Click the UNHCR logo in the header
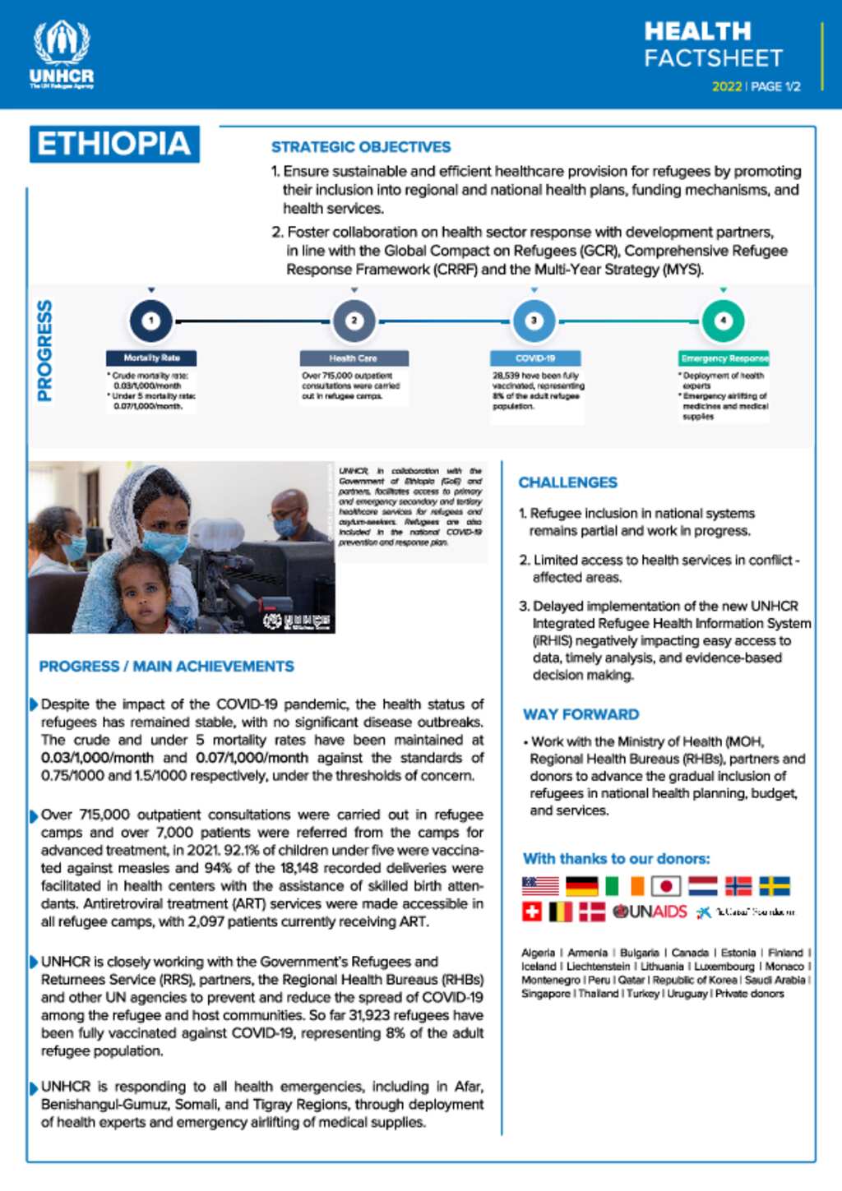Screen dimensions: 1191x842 62,54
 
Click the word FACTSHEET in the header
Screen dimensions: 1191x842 713,58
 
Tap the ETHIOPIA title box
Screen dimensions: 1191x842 114,144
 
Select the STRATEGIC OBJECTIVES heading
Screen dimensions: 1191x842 361,147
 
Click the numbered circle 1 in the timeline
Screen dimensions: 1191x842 151,321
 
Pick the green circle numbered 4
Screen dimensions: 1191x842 723,321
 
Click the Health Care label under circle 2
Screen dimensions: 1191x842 354,358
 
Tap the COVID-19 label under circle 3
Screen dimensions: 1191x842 535,358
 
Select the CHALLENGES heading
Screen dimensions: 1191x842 567,482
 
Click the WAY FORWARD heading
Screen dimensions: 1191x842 581,714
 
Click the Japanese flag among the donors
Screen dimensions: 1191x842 666,886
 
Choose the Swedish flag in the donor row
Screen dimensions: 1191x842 774,886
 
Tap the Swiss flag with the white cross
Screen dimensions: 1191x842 532,912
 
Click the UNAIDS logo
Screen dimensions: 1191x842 650,912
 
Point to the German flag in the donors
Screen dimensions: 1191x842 582,886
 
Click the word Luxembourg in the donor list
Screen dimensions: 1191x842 724,967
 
